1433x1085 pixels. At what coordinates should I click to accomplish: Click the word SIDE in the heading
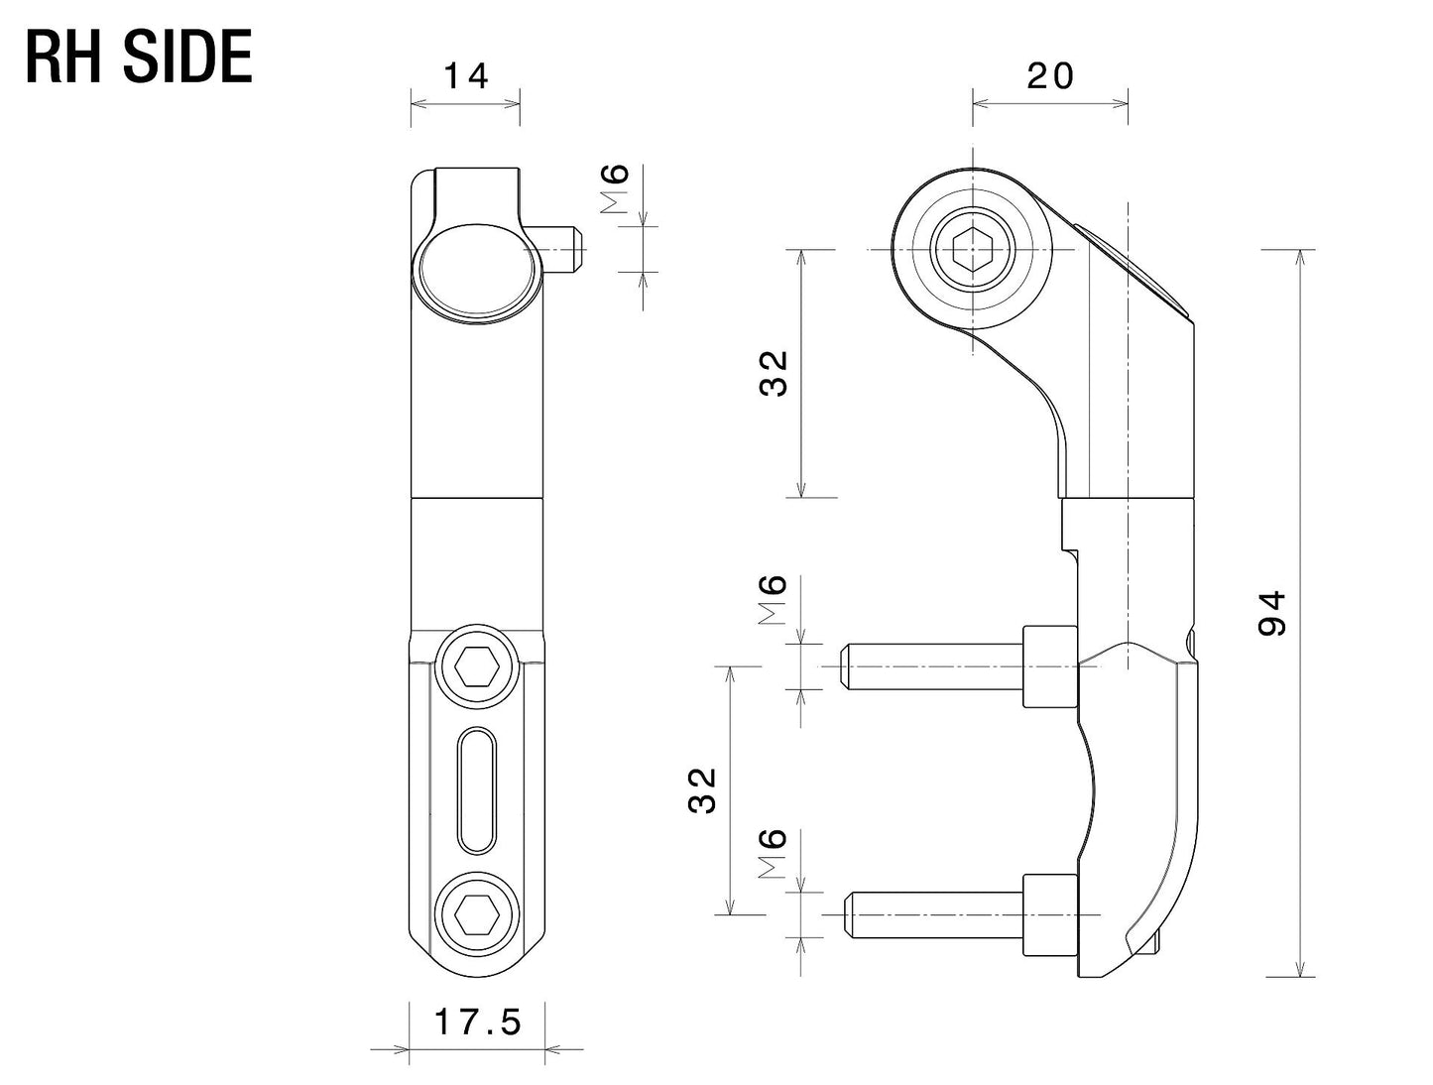[187, 58]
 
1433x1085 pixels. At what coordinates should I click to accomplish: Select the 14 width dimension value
[465, 76]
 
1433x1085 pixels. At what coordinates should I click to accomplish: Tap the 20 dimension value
[1050, 76]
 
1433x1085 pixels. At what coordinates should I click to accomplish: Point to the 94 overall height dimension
[1271, 612]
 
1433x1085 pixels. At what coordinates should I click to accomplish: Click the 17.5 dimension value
[478, 1022]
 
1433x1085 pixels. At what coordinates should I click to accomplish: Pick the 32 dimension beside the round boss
[774, 373]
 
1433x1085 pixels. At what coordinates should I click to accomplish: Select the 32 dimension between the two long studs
[702, 789]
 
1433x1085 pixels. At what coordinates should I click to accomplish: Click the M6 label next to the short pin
[616, 189]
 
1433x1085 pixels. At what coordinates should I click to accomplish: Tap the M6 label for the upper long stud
[773, 600]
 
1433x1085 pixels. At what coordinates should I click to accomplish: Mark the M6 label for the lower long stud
[773, 854]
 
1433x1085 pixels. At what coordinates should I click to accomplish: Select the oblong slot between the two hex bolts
[476, 789]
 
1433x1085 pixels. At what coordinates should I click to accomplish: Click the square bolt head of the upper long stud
[1049, 666]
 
